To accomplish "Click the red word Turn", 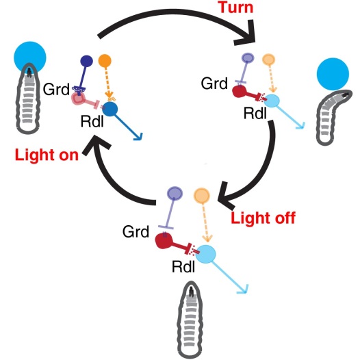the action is pyautogui.click(x=236, y=7).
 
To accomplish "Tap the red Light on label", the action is pyautogui.click(x=47, y=155).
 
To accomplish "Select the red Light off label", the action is pyautogui.click(x=263, y=218).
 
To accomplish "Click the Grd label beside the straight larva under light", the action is pyautogui.click(x=56, y=89).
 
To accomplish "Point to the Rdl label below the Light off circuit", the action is pyautogui.click(x=183, y=267).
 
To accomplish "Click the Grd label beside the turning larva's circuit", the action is pyautogui.click(x=214, y=83).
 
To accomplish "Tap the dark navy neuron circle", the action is pyautogui.click(x=86, y=61).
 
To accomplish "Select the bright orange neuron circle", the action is pyautogui.click(x=105, y=61).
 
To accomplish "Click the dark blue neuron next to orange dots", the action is pyautogui.click(x=110, y=110).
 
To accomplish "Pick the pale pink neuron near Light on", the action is pyautogui.click(x=79, y=99).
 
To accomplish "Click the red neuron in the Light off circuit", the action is pyautogui.click(x=164, y=241).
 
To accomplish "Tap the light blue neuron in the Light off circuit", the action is pyautogui.click(x=206, y=254).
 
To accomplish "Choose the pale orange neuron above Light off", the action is pyautogui.click(x=202, y=196).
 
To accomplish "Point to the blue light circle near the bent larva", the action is pyautogui.click(x=333, y=74).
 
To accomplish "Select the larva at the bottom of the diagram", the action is pyautogui.click(x=190, y=320).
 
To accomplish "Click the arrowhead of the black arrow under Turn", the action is pyautogui.click(x=248, y=34).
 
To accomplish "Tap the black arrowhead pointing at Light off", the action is pyautogui.click(x=226, y=195).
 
